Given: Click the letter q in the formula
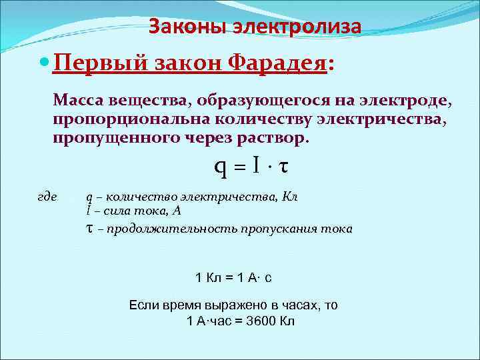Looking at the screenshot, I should (220, 167).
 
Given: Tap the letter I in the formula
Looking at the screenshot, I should (257, 166).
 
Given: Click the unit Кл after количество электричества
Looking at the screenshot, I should (290, 197).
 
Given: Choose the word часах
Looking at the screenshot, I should (289, 305).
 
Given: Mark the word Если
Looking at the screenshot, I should (143, 305).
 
